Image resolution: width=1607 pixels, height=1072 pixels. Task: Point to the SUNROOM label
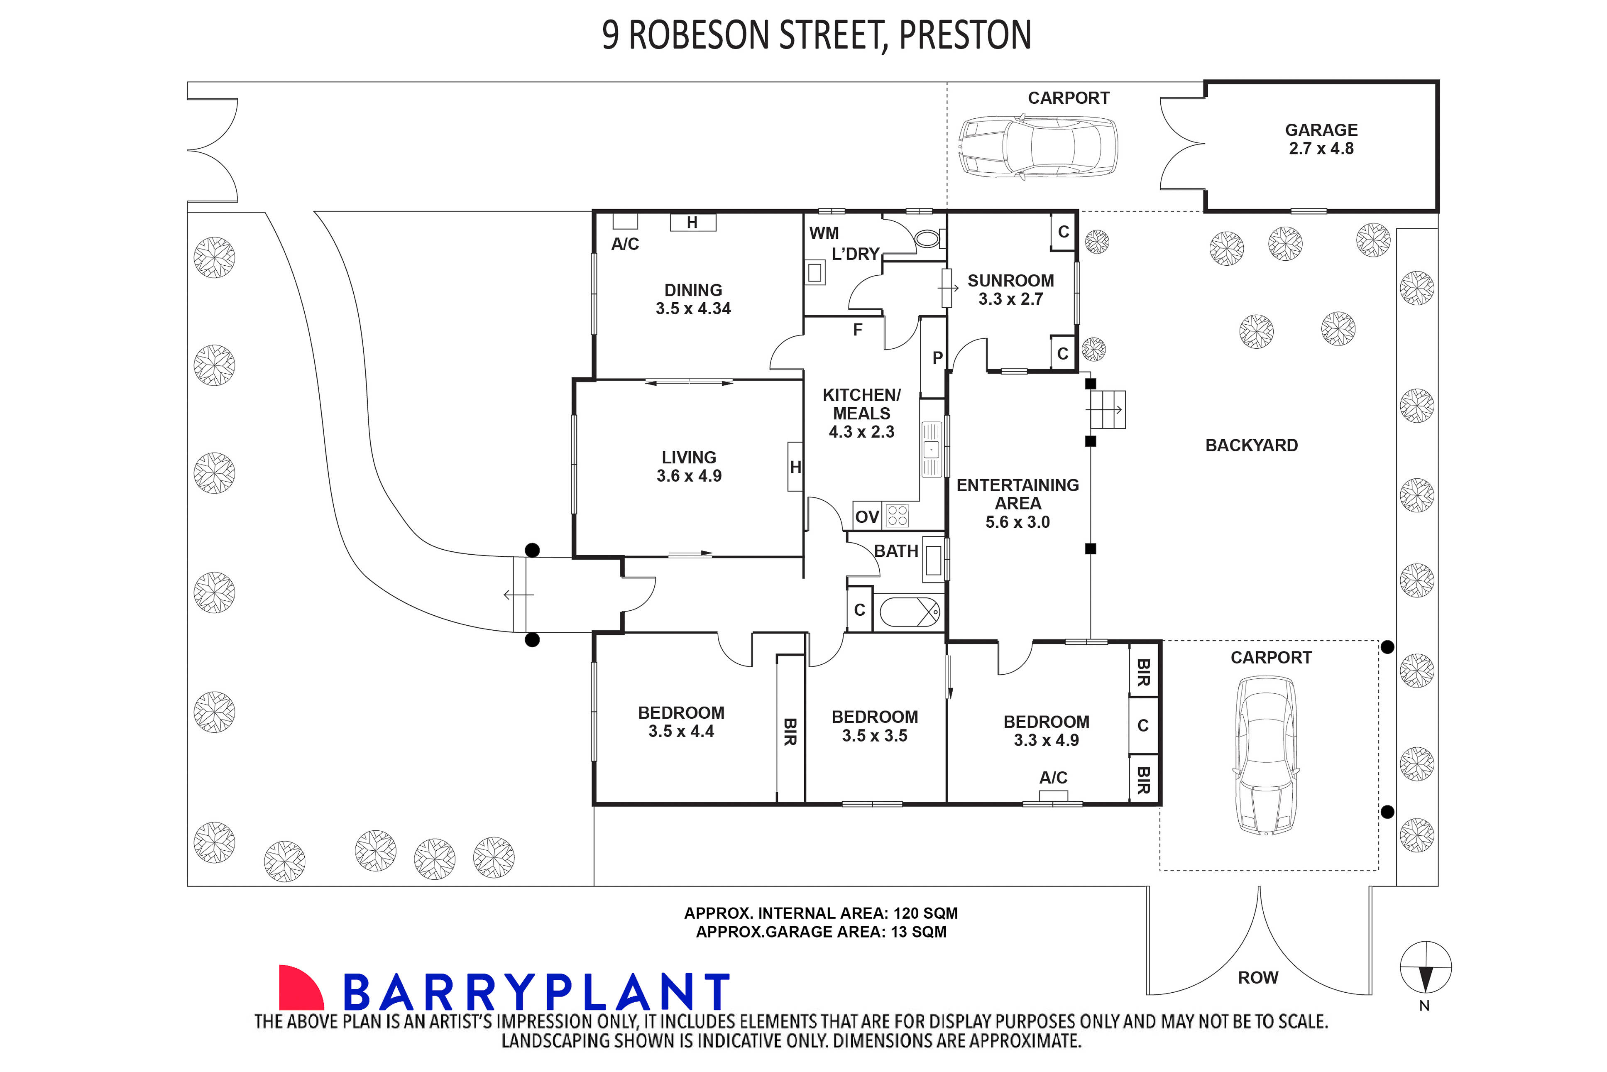[x=1010, y=281]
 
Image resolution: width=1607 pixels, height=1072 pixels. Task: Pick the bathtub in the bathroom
[x=909, y=612]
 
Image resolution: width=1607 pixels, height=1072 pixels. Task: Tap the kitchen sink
[x=931, y=449]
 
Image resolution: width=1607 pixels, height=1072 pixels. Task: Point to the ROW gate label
[x=1258, y=978]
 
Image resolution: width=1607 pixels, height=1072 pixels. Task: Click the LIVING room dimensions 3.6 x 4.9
[x=689, y=476]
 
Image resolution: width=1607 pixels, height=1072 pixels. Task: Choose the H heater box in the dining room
[x=692, y=222]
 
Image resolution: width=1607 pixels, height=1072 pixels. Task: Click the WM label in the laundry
[x=824, y=233]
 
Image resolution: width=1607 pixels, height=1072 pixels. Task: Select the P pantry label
[x=937, y=357]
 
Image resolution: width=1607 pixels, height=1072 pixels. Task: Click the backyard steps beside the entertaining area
[x=1107, y=409]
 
